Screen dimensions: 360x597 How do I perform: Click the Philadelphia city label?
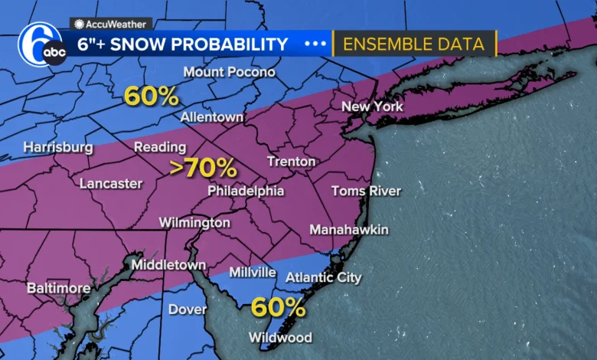[246, 191]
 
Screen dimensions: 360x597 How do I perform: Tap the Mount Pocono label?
[229, 72]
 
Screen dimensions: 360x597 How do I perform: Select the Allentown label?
[212, 117]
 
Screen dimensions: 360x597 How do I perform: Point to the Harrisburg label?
[58, 147]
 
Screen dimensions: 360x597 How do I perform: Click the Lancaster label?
[111, 184]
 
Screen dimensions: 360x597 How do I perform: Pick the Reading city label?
[160, 147]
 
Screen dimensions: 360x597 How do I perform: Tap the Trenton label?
[291, 162]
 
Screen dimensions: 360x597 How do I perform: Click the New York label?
[372, 106]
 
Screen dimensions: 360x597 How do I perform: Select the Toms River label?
[366, 191]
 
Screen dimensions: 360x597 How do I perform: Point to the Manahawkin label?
[349, 230]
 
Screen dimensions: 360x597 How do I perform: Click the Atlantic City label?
[323, 277]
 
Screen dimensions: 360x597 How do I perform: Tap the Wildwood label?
[280, 338]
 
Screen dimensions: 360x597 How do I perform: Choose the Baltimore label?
[58, 289]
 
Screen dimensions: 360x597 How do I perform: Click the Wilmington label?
[194, 223]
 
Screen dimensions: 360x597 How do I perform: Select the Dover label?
[188, 309]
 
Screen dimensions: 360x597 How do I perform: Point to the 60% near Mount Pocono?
[152, 96]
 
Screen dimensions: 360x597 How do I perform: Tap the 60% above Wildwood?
[279, 308]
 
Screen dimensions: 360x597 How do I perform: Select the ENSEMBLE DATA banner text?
[413, 44]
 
